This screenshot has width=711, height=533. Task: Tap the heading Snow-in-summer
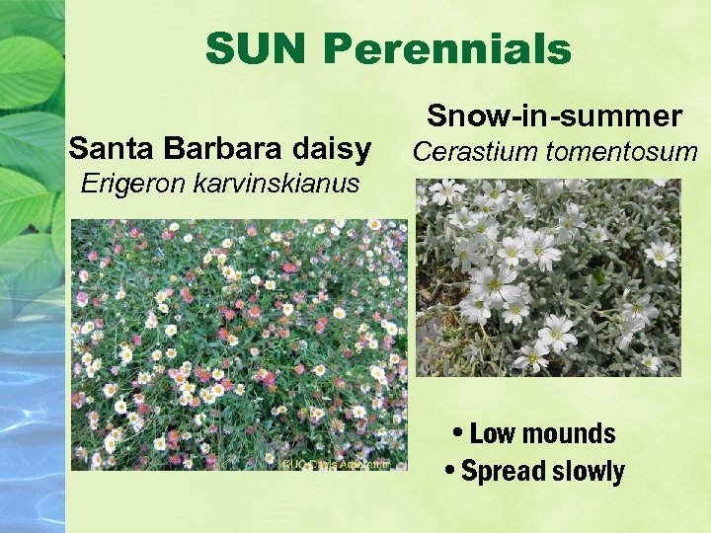tap(554, 116)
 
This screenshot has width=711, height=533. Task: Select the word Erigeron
tap(129, 183)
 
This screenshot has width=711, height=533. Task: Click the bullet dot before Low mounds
tap(461, 434)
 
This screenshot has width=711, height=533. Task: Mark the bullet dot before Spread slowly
tap(451, 472)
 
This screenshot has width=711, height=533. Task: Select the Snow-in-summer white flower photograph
tap(549, 277)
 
